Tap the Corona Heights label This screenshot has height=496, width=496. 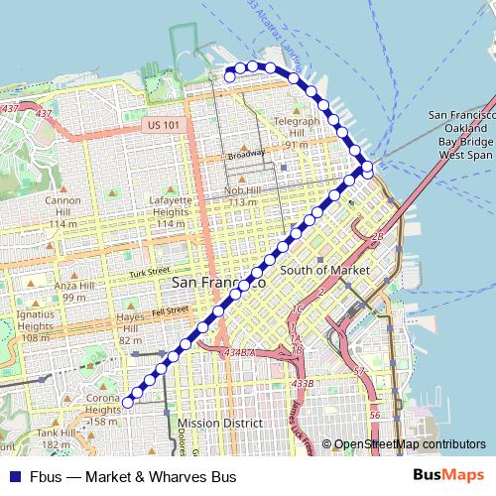pyautogui.click(x=102, y=404)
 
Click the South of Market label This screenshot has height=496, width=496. pyautogui.click(x=324, y=270)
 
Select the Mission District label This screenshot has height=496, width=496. pyautogui.click(x=220, y=423)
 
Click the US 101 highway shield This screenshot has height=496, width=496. pyautogui.click(x=161, y=125)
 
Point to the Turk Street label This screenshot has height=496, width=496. pyautogui.click(x=150, y=272)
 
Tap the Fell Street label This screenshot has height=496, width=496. pyautogui.click(x=169, y=310)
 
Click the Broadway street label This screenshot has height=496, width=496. pyautogui.click(x=246, y=155)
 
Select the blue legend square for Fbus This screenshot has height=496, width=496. pyautogui.click(x=14, y=476)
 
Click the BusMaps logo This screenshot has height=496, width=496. pyautogui.click(x=448, y=476)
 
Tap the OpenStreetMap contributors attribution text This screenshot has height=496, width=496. pyautogui.click(x=410, y=444)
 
